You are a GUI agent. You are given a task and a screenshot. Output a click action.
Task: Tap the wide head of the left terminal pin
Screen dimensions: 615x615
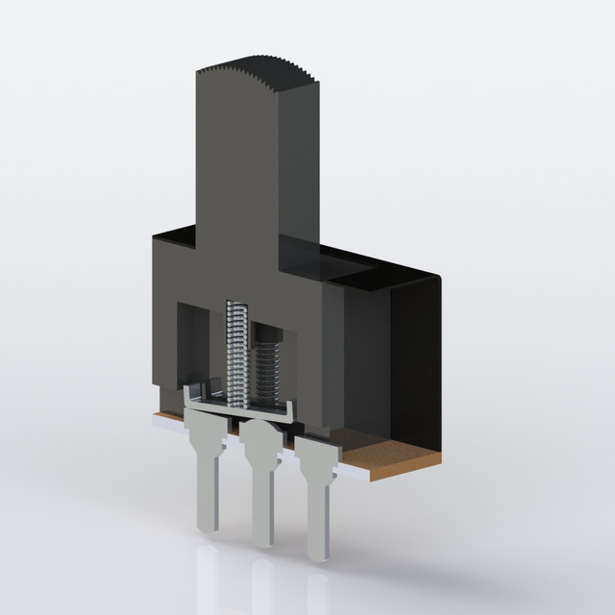207,428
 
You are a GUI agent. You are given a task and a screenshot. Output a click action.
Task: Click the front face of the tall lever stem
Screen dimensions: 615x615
235,163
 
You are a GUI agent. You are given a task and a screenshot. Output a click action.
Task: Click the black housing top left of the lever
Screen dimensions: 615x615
178,235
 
